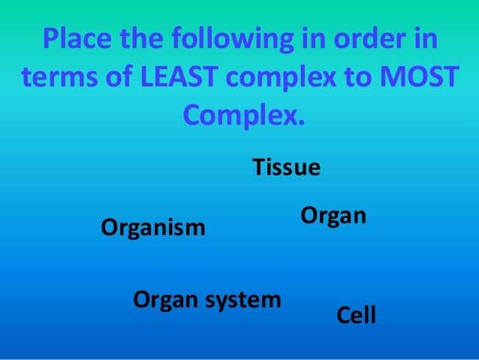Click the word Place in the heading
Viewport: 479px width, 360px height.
click(x=74, y=38)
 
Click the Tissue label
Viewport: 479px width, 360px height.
click(x=286, y=167)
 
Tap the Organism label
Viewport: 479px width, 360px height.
click(x=153, y=227)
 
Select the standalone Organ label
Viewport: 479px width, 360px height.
click(x=333, y=217)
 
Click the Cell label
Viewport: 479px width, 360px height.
click(x=356, y=315)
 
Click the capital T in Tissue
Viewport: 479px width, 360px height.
click(x=257, y=167)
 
